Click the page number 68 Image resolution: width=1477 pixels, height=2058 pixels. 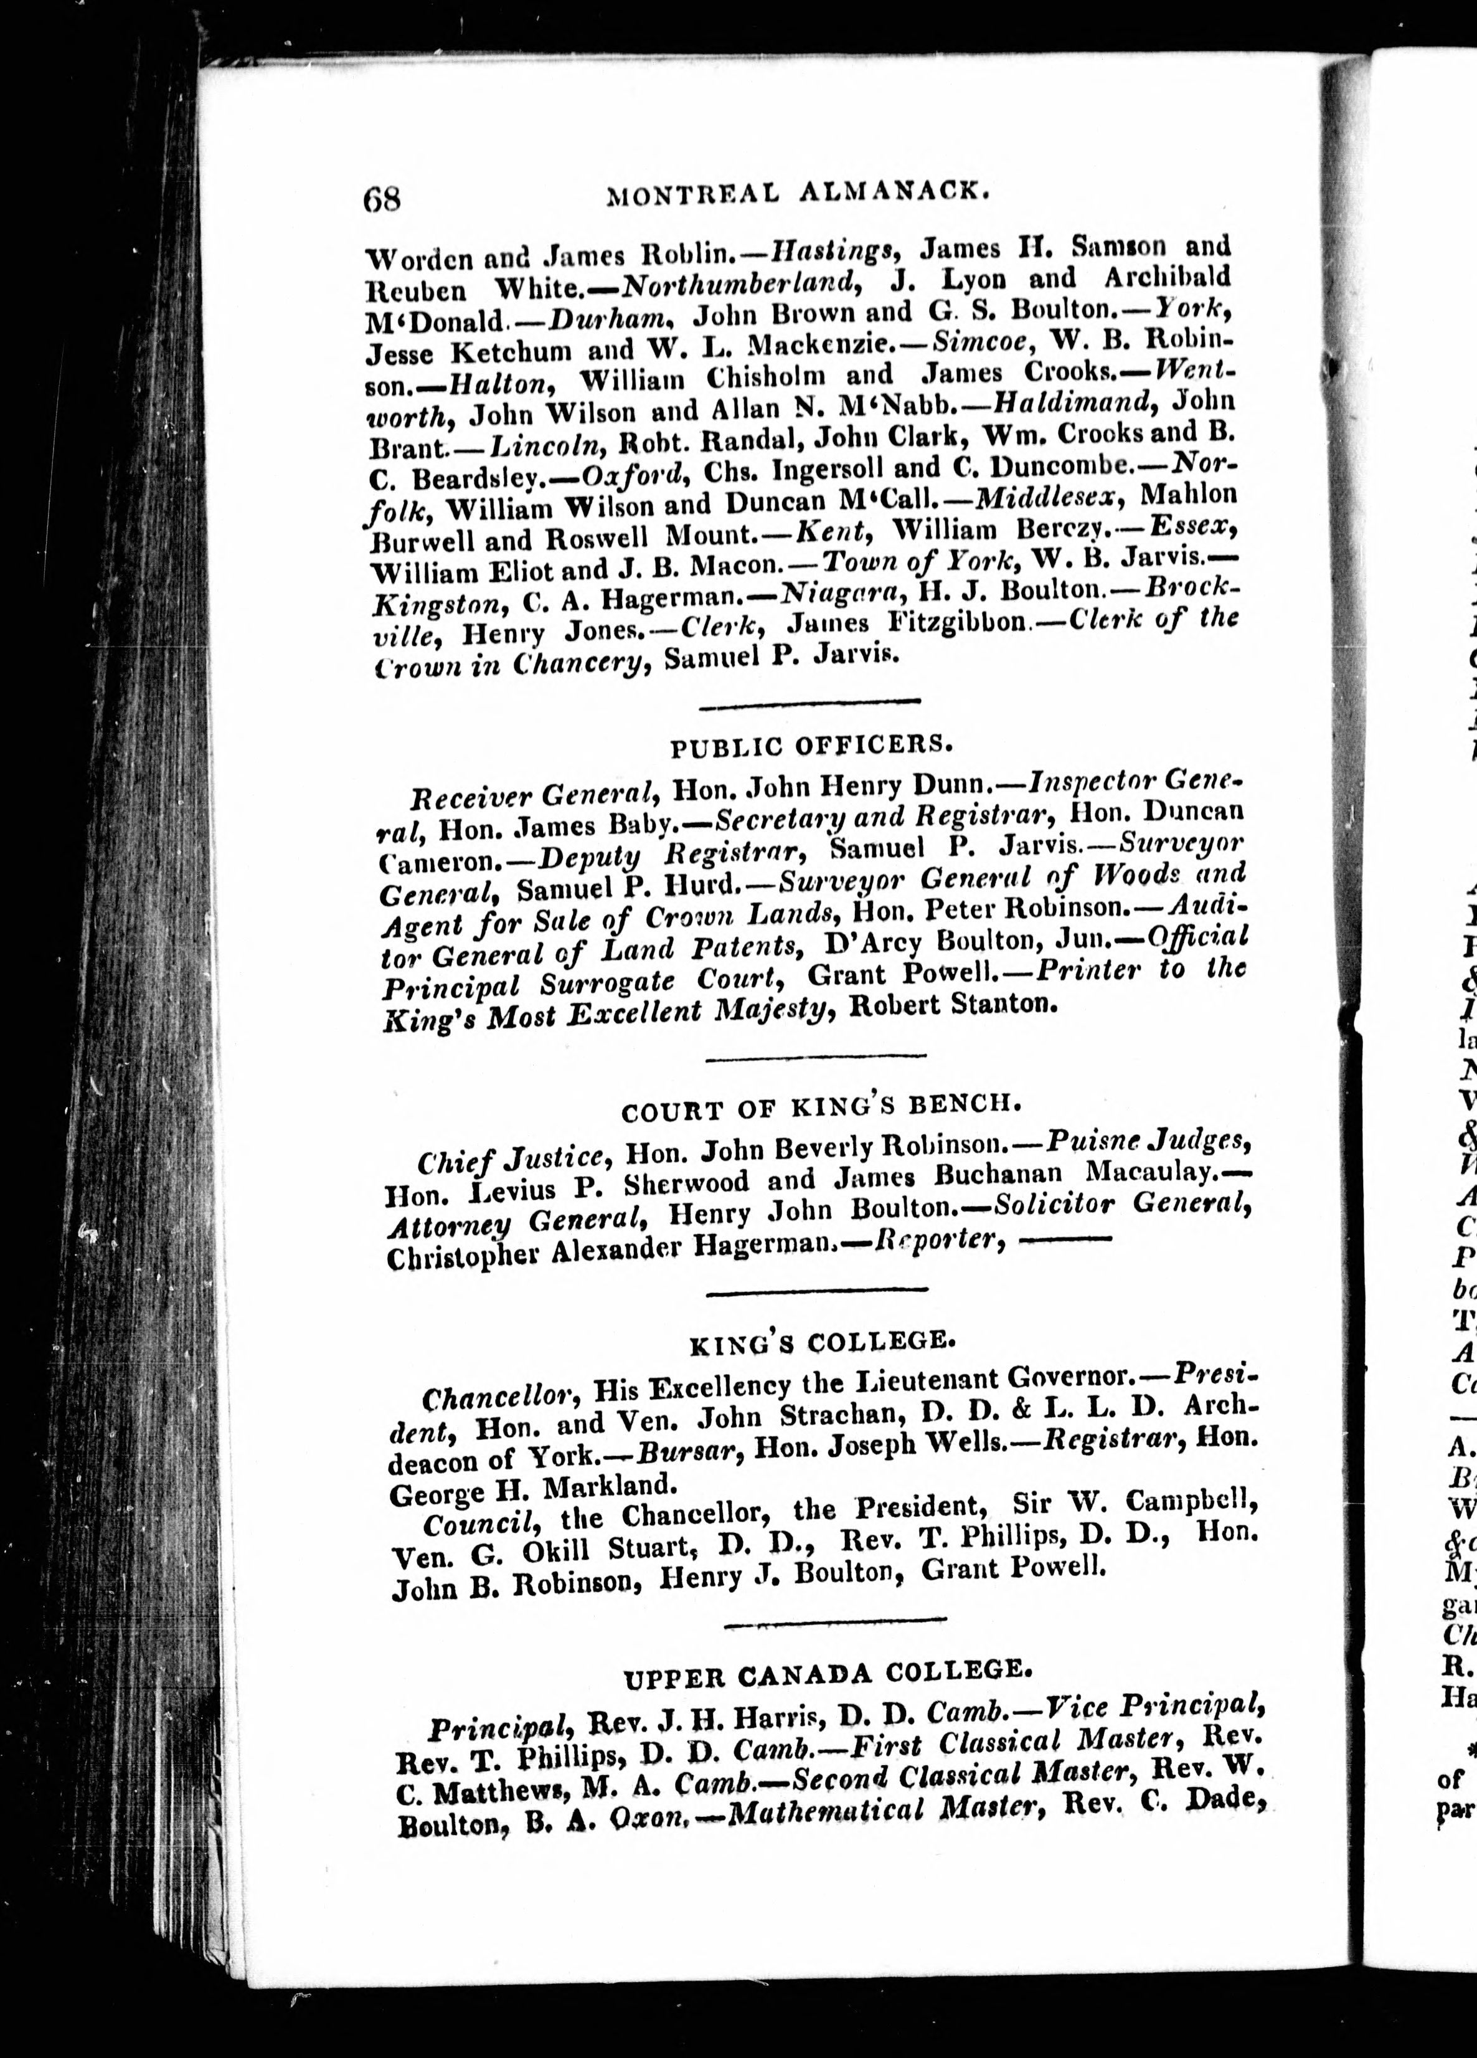pos(382,198)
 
